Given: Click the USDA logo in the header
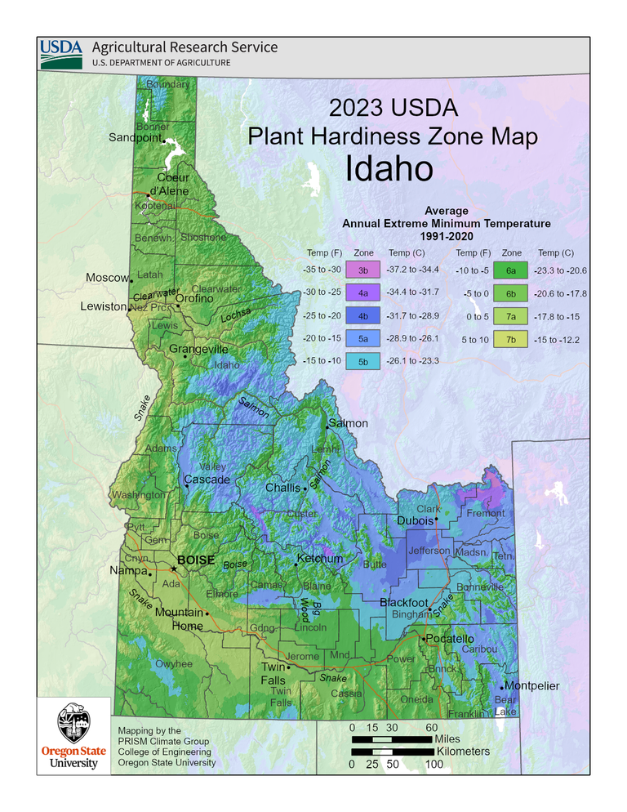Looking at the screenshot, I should pyautogui.click(x=61, y=53).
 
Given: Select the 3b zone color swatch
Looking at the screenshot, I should pyautogui.click(x=363, y=269).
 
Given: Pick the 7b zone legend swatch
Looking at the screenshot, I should pyautogui.click(x=512, y=340).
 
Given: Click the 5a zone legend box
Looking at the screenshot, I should pyautogui.click(x=363, y=338).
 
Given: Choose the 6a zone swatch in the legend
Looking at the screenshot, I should pyautogui.click(x=512, y=270).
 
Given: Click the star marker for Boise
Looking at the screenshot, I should pyautogui.click(x=173, y=569).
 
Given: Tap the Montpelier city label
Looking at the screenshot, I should pyautogui.click(x=531, y=686).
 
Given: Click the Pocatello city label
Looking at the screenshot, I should pyautogui.click(x=449, y=639).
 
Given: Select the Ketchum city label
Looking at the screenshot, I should pyautogui.click(x=320, y=559).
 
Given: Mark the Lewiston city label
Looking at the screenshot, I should pyautogui.click(x=104, y=307).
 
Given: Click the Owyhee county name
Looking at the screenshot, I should pyautogui.click(x=174, y=664).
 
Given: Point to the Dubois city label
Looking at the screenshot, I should pyautogui.click(x=415, y=520).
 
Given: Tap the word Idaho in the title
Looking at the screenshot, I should pyautogui.click(x=388, y=169).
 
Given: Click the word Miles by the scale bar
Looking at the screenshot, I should pyautogui.click(x=455, y=738).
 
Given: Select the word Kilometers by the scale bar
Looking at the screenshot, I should pyautogui.click(x=463, y=751).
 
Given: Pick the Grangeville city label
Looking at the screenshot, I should pyautogui.click(x=198, y=350).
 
